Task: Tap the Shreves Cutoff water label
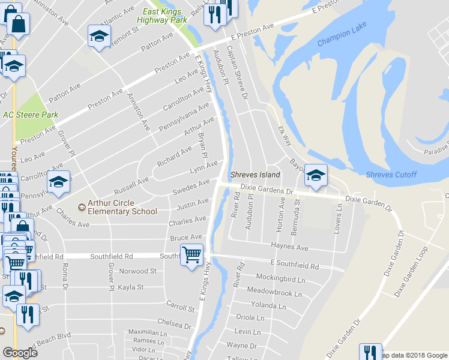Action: [x=393, y=175]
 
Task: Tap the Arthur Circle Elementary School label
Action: [x=122, y=207]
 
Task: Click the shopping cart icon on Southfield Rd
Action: [x=191, y=256]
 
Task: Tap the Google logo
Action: [x=20, y=353]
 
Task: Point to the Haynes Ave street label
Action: [x=289, y=247]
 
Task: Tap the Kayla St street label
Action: [x=131, y=287]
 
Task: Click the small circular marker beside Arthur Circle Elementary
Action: [x=82, y=208]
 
